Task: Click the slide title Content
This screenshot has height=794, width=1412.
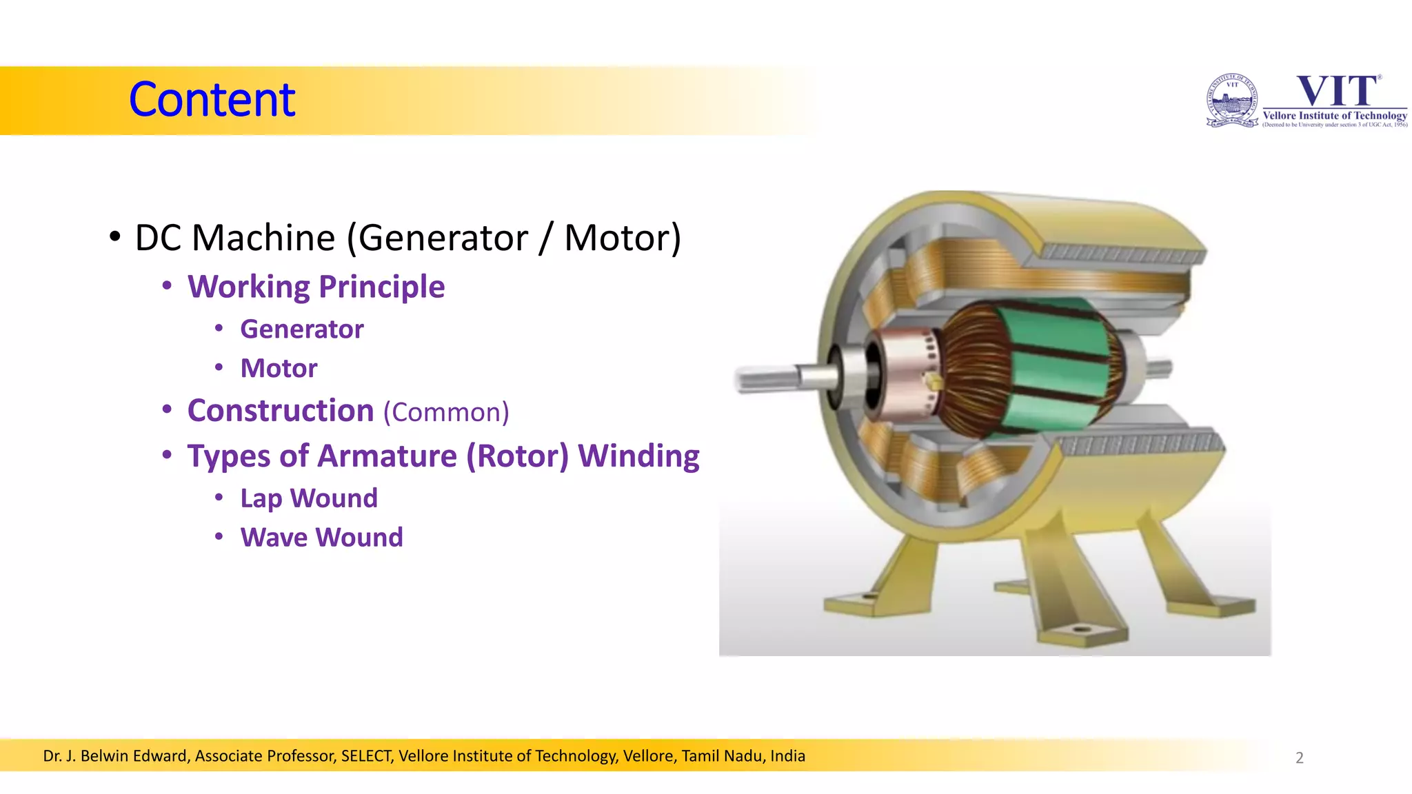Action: (212, 100)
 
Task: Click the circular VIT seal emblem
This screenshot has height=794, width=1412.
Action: (1232, 101)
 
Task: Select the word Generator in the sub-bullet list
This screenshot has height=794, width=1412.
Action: (301, 329)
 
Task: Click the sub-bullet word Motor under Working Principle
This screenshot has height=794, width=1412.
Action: (279, 369)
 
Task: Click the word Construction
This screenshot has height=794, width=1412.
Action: (281, 411)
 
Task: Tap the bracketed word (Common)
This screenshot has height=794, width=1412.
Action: (446, 412)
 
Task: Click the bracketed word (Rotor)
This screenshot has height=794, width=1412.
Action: (518, 456)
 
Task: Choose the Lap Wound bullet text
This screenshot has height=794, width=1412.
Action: (309, 498)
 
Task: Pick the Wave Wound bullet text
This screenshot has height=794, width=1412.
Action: (321, 538)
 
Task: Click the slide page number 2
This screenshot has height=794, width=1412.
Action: (1299, 757)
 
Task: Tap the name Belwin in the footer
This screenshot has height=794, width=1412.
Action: (105, 756)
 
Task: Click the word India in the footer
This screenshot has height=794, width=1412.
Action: (787, 756)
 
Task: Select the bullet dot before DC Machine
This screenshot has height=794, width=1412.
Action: (115, 236)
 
